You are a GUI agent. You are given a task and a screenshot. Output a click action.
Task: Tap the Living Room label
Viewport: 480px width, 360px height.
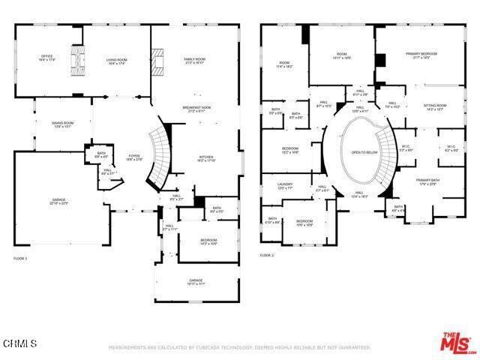click(x=116, y=62)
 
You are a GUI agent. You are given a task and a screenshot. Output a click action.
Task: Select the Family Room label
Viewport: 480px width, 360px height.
click(x=195, y=60)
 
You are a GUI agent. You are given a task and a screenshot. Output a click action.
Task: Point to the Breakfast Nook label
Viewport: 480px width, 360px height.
click(x=196, y=109)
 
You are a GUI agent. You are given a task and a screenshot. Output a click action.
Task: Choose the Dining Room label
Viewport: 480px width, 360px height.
click(x=63, y=124)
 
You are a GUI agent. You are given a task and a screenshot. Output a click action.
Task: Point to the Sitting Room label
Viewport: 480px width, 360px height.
click(x=435, y=107)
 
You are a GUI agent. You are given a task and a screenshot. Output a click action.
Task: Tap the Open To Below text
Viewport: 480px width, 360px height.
click(x=363, y=152)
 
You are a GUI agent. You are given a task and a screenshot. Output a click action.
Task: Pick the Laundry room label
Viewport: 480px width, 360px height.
click(x=285, y=186)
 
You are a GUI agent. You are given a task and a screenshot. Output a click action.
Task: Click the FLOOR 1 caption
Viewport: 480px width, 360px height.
click(x=20, y=258)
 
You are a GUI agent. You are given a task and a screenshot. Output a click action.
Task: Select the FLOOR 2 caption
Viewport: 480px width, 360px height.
click(x=268, y=256)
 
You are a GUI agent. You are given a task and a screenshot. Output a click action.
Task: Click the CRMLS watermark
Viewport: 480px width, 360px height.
click(x=19, y=343)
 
